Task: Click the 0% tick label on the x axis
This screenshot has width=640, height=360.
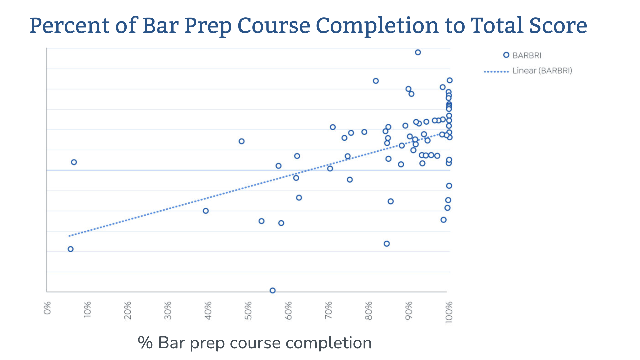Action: pyautogui.click(x=47, y=308)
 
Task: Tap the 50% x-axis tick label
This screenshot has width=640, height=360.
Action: pyautogui.click(x=248, y=310)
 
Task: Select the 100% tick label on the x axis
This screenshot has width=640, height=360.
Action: pyautogui.click(x=449, y=312)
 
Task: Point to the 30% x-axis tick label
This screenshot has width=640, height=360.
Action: pyautogui.click(x=168, y=310)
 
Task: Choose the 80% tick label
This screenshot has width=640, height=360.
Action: pyautogui.click(x=369, y=310)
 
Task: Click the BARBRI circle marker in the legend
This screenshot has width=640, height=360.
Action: pyautogui.click(x=506, y=55)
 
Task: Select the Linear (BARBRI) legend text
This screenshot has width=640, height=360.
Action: pyautogui.click(x=542, y=71)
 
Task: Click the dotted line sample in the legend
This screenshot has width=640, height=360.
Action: pyautogui.click(x=496, y=71)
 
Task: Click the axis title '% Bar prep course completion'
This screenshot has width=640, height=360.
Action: pyautogui.click(x=255, y=343)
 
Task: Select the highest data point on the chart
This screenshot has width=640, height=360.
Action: pyautogui.click(x=418, y=52)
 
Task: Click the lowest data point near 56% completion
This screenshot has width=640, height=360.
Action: pyautogui.click(x=272, y=290)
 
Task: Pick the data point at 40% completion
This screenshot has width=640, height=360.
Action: pyautogui.click(x=206, y=211)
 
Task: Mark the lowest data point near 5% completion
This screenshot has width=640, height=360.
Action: pyautogui.click(x=70, y=249)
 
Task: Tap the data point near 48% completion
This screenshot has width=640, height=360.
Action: pyautogui.click(x=242, y=141)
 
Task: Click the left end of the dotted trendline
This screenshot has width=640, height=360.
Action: pyautogui.click(x=69, y=236)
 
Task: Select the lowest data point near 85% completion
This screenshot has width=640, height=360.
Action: pyautogui.click(x=387, y=244)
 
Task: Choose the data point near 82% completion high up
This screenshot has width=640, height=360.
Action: pyautogui.click(x=376, y=81)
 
